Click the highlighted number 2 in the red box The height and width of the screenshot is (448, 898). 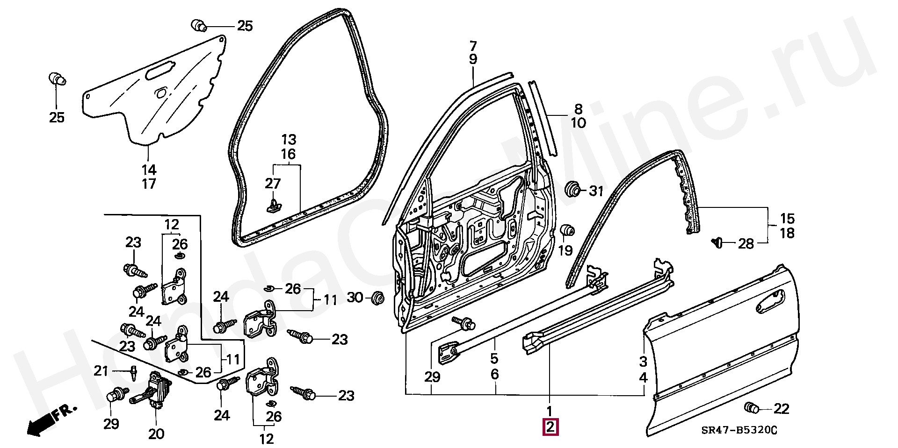(550, 427)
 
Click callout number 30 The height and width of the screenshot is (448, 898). (356, 297)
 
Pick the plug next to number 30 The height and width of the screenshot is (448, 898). (377, 298)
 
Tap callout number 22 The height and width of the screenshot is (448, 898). (781, 409)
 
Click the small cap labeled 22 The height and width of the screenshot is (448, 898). (752, 408)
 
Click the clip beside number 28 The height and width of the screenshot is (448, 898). (717, 242)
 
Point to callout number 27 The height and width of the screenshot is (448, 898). (273, 184)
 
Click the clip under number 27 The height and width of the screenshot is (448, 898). (272, 206)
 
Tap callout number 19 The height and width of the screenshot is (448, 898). (565, 250)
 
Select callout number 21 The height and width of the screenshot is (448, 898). (101, 371)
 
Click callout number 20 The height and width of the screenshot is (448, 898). (156, 434)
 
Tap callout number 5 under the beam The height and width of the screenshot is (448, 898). (494, 359)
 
